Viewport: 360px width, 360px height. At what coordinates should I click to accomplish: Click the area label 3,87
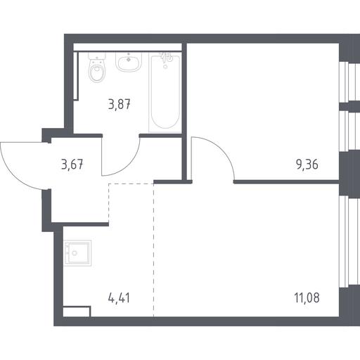[x=120, y=104]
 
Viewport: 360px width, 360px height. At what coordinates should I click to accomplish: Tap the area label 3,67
[x=72, y=165]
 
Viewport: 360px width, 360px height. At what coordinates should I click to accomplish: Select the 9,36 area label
[x=307, y=165]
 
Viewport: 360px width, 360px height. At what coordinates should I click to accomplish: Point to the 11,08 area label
[x=307, y=298]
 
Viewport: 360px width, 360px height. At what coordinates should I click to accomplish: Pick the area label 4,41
[x=119, y=298]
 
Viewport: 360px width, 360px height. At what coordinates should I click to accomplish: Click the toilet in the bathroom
[x=97, y=67]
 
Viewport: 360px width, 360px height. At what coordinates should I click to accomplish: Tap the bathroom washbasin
[x=129, y=62]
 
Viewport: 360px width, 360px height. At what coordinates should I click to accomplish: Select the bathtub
[x=165, y=92]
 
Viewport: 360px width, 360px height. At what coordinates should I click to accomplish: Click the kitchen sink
[x=77, y=253]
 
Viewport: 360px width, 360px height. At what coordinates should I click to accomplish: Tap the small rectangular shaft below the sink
[x=77, y=311]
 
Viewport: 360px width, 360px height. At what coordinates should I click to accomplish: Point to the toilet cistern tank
[x=97, y=56]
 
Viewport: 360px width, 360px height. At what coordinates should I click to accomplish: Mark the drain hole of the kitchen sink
[x=75, y=253]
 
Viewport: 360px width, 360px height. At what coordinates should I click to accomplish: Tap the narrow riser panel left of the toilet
[x=76, y=76]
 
